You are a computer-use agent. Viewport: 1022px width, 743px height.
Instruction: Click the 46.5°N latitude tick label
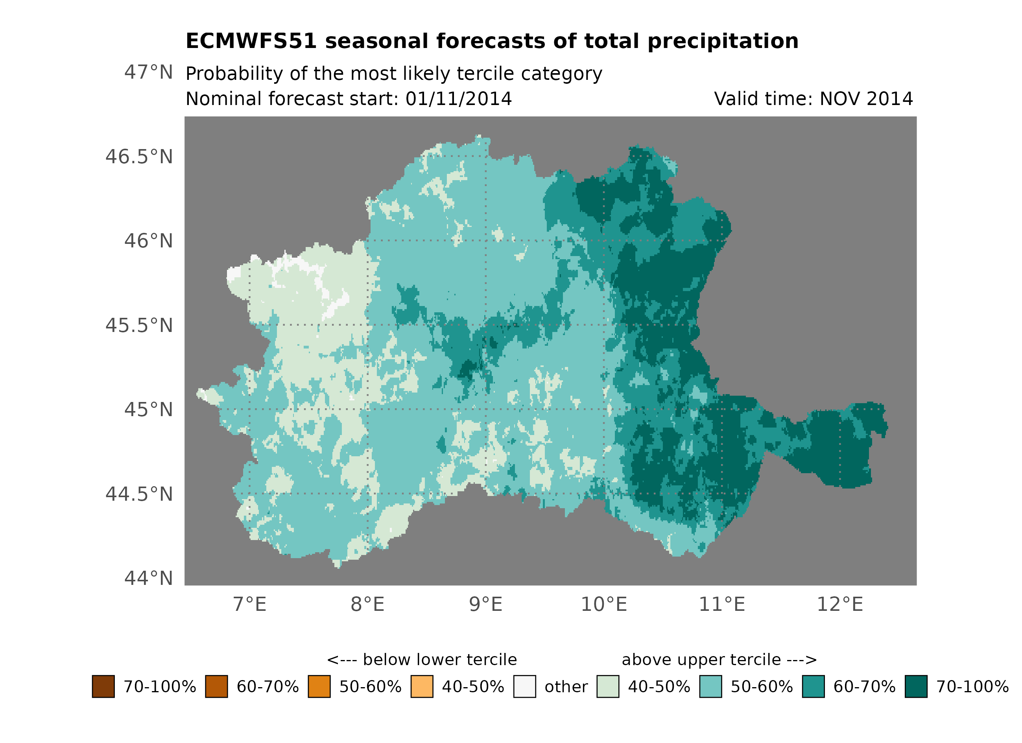139,157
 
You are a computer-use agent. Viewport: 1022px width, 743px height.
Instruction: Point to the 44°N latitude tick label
148,579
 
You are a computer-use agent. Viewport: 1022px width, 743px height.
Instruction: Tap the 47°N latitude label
148,72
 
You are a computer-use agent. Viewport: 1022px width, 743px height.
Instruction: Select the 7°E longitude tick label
250,605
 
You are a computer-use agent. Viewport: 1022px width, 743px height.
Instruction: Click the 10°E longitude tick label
603,605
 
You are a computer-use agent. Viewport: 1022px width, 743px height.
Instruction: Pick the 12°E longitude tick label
839,605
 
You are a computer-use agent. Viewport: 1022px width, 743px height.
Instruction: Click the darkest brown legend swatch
103,687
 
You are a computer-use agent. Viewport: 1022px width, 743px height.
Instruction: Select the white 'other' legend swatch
524,687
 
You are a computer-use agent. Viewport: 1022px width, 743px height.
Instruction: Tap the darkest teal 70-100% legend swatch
916,687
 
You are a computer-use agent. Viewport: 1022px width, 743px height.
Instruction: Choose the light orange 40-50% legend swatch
422,687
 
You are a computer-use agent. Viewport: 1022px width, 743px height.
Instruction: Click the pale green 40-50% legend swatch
607,687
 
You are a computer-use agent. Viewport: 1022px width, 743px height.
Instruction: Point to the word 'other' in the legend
566,687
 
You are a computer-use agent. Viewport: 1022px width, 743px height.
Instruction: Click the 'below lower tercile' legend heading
422,660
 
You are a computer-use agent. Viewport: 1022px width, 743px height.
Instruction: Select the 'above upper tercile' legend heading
719,660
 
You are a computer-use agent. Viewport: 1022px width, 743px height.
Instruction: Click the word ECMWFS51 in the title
251,41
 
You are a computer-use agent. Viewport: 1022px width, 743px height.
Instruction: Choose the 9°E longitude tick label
485,605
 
